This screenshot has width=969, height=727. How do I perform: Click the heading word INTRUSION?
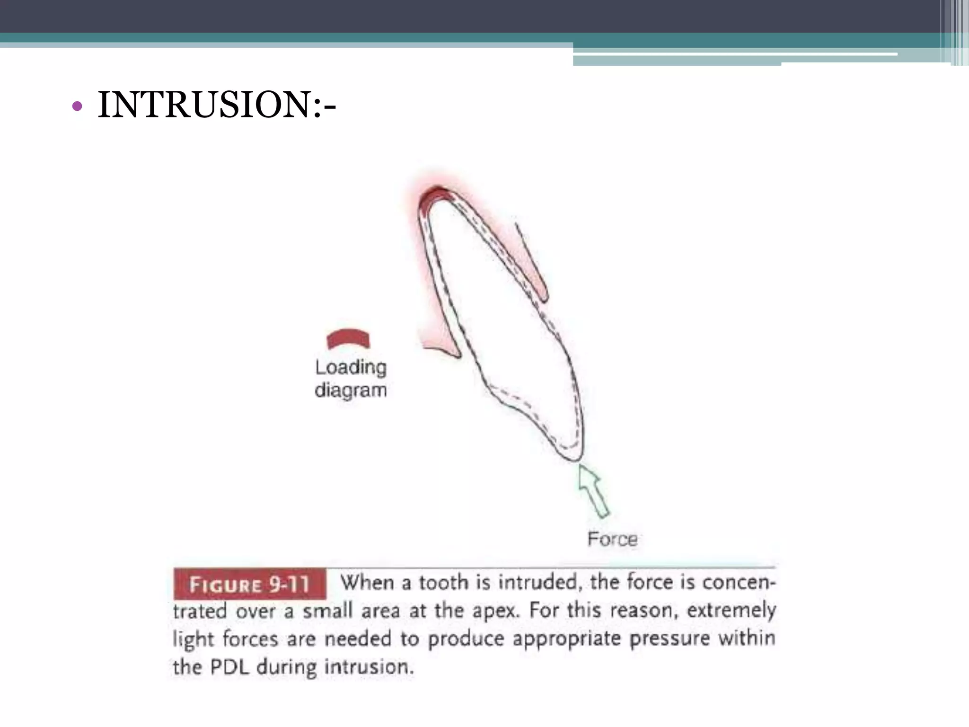click(203, 105)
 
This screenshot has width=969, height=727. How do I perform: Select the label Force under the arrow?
click(612, 539)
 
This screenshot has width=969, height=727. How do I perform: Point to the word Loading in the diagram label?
click(351, 367)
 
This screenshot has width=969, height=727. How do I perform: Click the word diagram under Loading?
click(351, 390)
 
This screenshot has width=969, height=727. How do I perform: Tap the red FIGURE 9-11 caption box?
click(249, 584)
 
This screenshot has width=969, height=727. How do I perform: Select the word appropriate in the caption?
click(566, 639)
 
